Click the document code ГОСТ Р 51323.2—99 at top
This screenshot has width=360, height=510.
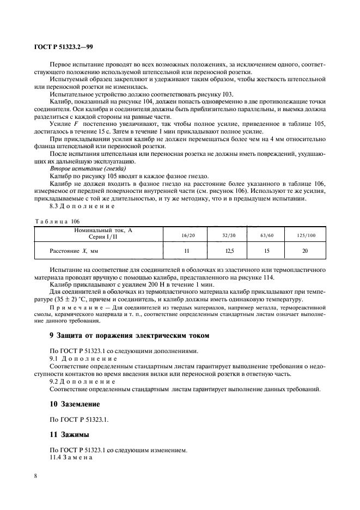64,46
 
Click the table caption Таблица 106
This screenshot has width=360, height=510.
57,221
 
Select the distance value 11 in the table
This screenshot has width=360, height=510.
186,251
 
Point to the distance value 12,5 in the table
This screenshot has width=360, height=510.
229,251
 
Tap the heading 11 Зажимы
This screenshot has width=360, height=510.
68,436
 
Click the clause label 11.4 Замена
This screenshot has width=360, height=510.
71,458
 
